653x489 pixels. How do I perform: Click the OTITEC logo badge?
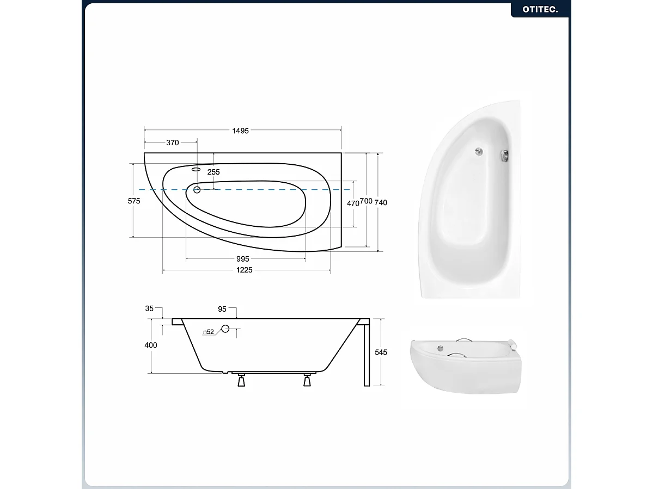540,9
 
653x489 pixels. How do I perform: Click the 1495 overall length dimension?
240,131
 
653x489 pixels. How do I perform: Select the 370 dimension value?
172,143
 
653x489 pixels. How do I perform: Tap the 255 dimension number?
213,172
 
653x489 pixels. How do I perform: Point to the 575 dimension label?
134,201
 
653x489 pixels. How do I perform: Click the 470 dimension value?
353,203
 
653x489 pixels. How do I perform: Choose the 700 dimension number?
366,202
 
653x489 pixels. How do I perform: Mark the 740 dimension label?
381,202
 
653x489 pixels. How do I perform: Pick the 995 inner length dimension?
243,259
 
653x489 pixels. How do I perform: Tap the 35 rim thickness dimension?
149,308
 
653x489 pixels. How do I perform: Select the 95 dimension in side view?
222,309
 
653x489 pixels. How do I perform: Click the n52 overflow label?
208,331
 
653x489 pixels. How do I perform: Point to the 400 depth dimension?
151,345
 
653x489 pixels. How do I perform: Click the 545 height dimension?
381,352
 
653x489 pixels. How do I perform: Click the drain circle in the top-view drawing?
197,189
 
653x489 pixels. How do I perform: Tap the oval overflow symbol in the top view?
196,169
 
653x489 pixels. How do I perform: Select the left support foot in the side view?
241,381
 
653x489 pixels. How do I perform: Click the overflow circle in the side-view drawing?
225,329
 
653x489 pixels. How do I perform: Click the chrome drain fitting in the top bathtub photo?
478,152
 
